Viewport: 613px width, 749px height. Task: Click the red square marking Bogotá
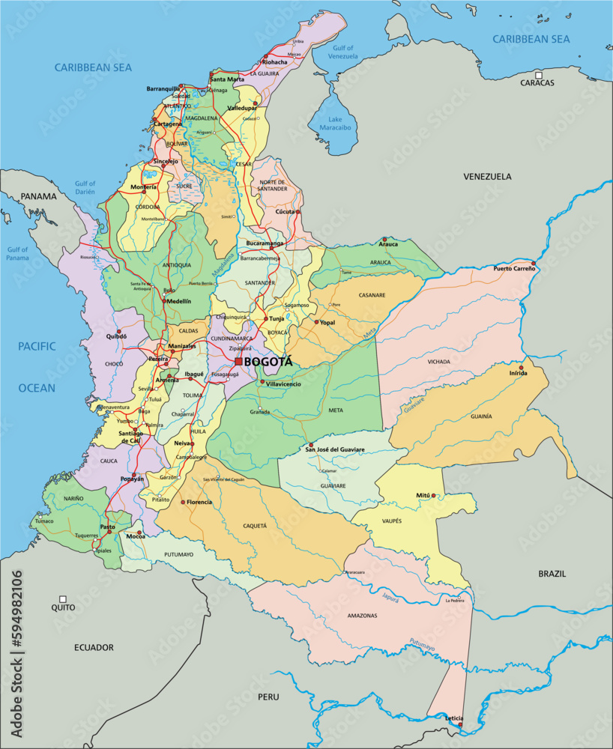coord(238,361)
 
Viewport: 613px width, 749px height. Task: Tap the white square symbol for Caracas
coord(538,74)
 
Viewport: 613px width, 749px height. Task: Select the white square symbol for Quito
coord(63,599)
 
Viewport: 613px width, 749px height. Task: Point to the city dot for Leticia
coord(460,724)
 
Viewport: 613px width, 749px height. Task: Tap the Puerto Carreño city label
coord(513,268)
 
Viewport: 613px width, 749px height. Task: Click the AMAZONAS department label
coord(362,615)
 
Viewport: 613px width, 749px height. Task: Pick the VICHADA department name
coord(439,362)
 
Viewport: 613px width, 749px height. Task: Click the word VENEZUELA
coord(487,177)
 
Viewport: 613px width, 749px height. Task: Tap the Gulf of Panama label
coord(17,254)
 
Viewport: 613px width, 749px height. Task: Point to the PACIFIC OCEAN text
coord(37,367)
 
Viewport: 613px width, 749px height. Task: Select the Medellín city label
coord(178,300)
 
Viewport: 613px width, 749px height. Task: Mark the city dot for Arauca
coord(384,239)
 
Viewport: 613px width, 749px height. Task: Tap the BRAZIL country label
coord(552,574)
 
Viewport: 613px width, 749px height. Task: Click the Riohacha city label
coord(274,62)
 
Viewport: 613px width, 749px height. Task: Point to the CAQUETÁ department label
coord(255,526)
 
